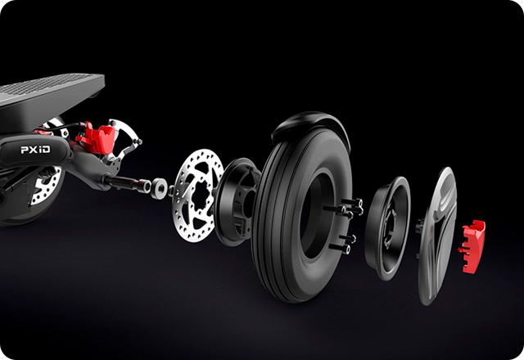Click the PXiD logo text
click(35, 149)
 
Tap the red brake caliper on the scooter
click(96, 137)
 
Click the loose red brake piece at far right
click(472, 246)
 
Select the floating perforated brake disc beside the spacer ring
click(198, 196)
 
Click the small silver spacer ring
click(159, 189)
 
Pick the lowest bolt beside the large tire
click(340, 248)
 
